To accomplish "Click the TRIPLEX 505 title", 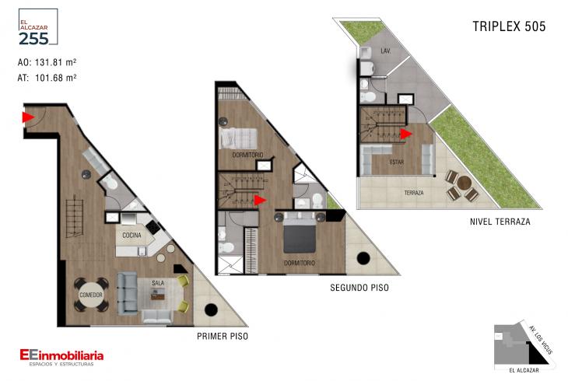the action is pos(509,26).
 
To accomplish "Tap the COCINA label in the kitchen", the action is pos(131,236).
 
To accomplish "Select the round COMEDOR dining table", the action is pos(91,295).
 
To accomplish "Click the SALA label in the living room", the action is pos(158,283).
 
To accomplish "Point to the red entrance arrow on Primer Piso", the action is pos(28,117).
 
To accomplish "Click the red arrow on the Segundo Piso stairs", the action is pos(260,200).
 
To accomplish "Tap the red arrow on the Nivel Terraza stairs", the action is pos(405,134).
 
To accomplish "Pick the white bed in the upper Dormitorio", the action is pos(238,138).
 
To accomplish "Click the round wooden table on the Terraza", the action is pos(463,183).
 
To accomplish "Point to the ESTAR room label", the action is pos(397,163).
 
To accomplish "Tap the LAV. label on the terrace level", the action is pos(385,51).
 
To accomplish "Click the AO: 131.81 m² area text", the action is pos(47,62).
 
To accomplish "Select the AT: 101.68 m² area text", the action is pos(47,78).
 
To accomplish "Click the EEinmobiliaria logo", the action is pos(61,357).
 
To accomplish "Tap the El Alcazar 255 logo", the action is pos(37,27).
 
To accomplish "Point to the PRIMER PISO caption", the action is pos(223,337).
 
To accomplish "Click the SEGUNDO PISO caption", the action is pos(359,288).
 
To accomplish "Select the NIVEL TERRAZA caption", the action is pos(500,222).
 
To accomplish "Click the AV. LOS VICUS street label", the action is pos(541,340).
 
